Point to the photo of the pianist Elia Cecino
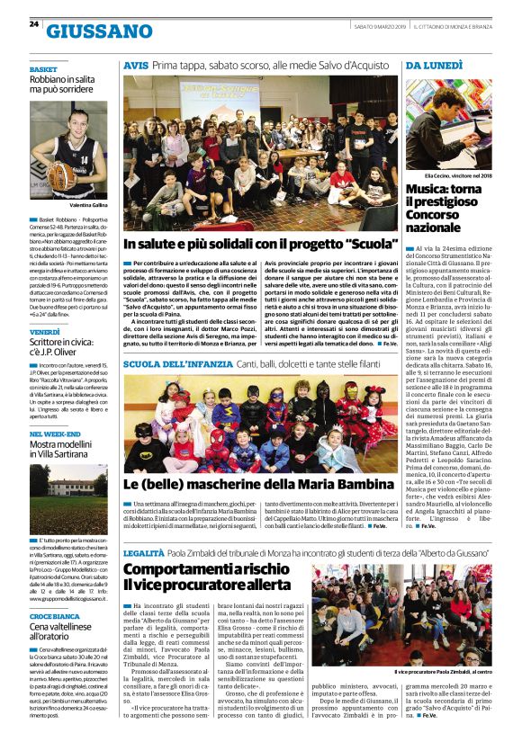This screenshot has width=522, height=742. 447,121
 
